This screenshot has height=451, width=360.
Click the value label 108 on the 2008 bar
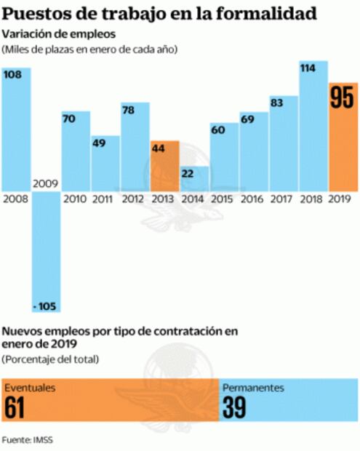coord(12,74)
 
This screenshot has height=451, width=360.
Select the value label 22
coord(188,173)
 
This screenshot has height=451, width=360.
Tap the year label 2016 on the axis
coord(252,198)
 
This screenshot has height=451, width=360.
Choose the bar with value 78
coord(135,145)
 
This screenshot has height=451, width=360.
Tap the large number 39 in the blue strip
coord(235,408)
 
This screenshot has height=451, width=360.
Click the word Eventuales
coord(30,388)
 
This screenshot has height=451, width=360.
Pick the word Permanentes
coord(252,388)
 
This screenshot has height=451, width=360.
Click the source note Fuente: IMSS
coord(27,439)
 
